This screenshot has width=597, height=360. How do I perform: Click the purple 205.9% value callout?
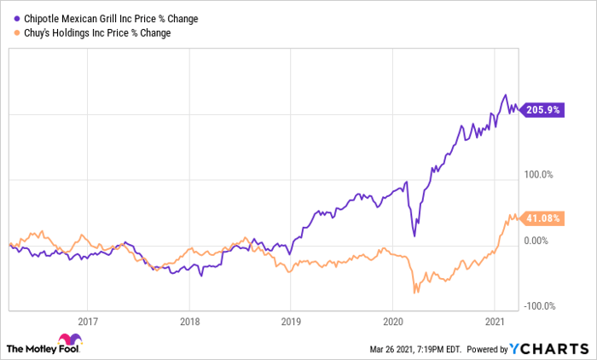click(x=542, y=110)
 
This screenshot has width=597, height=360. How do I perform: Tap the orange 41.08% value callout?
click(x=542, y=218)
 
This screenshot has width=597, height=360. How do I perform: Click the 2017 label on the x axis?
click(x=88, y=322)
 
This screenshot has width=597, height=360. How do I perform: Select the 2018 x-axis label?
click(x=189, y=322)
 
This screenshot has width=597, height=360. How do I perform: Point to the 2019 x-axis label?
click(x=291, y=322)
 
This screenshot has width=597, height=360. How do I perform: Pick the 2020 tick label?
click(x=393, y=322)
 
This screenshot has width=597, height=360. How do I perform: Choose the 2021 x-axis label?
click(x=495, y=322)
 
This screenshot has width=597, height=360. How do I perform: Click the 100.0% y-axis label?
click(x=538, y=175)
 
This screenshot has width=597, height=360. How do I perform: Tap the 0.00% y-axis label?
click(x=536, y=241)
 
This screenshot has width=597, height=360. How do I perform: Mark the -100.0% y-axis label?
click(x=540, y=306)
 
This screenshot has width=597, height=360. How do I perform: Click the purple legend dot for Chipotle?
click(x=17, y=19)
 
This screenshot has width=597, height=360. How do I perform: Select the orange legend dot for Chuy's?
click(x=17, y=33)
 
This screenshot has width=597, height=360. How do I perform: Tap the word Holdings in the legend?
click(x=71, y=33)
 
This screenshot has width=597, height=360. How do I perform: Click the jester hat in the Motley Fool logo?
click(x=70, y=339)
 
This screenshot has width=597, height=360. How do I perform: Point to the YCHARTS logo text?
click(x=549, y=349)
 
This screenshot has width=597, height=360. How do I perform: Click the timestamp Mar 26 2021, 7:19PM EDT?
click(x=415, y=349)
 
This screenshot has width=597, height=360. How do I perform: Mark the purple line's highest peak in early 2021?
click(x=506, y=95)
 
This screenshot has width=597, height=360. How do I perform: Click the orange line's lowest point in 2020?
click(x=414, y=293)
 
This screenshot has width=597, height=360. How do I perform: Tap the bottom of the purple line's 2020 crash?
click(x=414, y=236)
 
